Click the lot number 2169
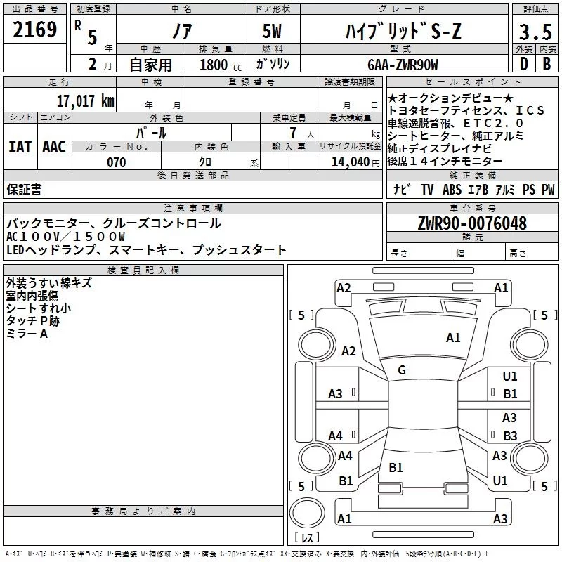pos(34,30)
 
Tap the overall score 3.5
pos(535,32)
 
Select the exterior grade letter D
pos(523,65)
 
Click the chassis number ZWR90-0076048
pos(471,224)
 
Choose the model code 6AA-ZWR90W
pos(402,65)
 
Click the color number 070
pos(116,162)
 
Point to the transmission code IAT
pos(20,147)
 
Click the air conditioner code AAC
pos(54,147)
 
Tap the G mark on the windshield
pos(402,370)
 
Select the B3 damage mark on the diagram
pos(510,436)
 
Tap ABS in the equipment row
pos(452,190)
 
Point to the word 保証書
pos(24,190)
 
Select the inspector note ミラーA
pos(27,334)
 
